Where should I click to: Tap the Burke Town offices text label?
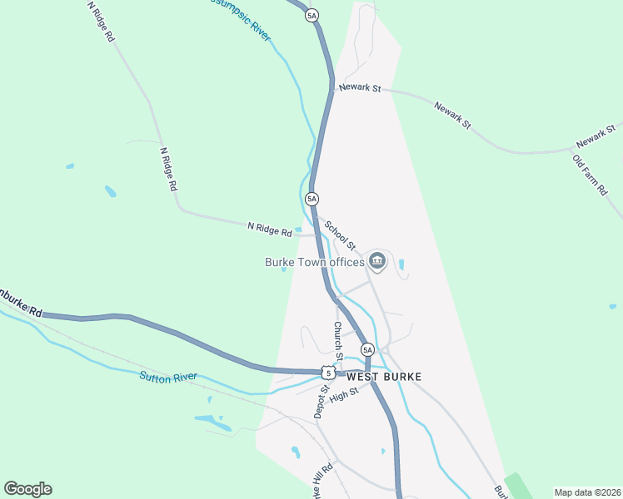pyautogui.click(x=315, y=262)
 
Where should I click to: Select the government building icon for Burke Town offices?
pyautogui.click(x=377, y=262)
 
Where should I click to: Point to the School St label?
pyautogui.click(x=340, y=235)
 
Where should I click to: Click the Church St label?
pyautogui.click(x=338, y=341)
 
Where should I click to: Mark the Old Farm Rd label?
pyautogui.click(x=590, y=174)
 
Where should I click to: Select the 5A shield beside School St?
pyautogui.click(x=311, y=199)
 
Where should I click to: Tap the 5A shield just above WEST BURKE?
pyautogui.click(x=367, y=350)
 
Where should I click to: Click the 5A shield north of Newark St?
pyautogui.click(x=312, y=15)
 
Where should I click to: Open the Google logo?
pyautogui.click(x=27, y=488)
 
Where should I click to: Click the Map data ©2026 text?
pyautogui.click(x=586, y=492)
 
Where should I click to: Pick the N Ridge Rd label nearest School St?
pyautogui.click(x=269, y=227)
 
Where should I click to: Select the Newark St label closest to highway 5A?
pyautogui.click(x=358, y=87)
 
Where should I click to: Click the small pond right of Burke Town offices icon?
pyautogui.click(x=402, y=264)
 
